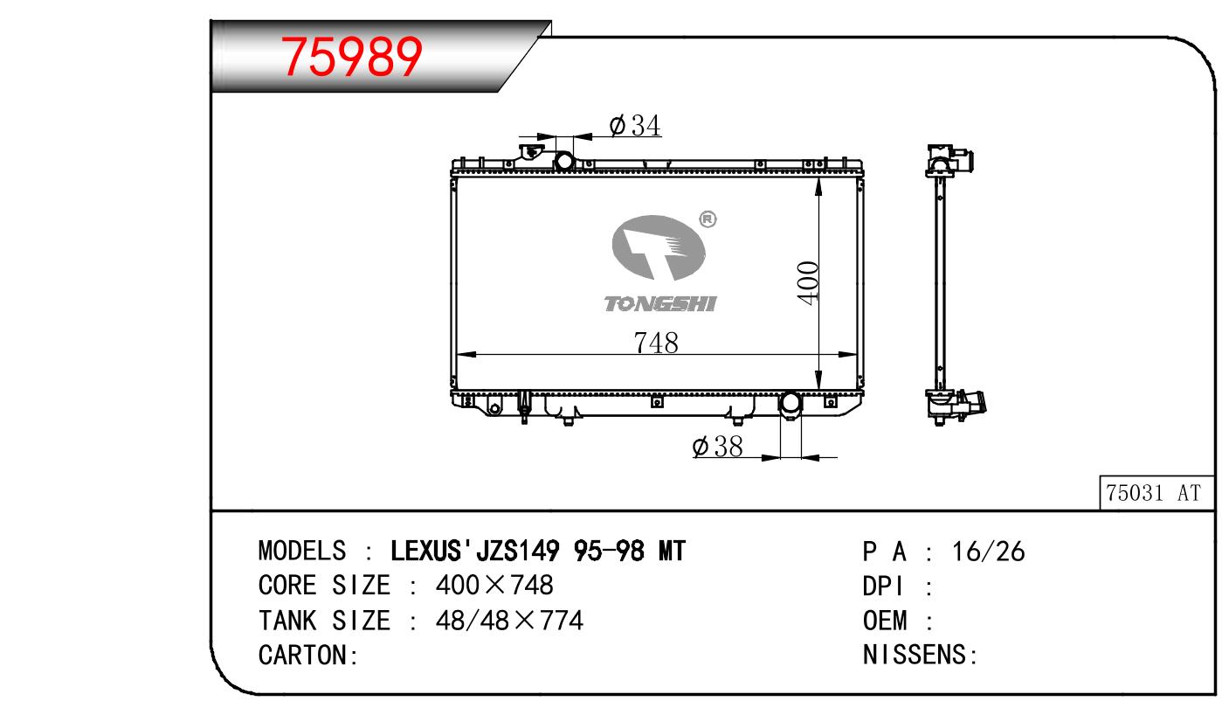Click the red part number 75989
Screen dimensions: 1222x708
pos(351,56)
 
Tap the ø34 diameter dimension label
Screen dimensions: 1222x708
pos(635,125)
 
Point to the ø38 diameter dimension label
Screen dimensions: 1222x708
pos(717,446)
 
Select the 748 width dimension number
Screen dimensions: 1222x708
pos(656,343)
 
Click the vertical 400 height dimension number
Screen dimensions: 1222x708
pos(808,282)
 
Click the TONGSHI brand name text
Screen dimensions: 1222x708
pos(659,303)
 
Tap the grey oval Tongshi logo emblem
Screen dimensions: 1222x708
pos(659,247)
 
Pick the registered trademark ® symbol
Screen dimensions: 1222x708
pos(708,219)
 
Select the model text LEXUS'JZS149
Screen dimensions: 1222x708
pos(475,551)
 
